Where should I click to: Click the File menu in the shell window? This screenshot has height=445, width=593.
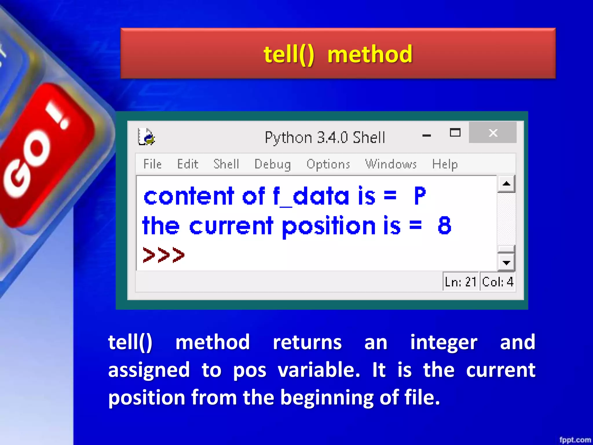[x=152, y=164]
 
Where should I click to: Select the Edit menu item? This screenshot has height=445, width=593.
[x=188, y=164]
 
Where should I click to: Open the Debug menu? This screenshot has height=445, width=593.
[x=272, y=164]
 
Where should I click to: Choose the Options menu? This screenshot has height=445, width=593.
[x=328, y=164]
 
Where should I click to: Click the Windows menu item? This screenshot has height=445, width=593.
[x=391, y=164]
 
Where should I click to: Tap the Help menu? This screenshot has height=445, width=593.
[x=445, y=164]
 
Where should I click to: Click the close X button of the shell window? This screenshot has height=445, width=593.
[x=493, y=133]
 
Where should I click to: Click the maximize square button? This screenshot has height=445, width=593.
[x=455, y=133]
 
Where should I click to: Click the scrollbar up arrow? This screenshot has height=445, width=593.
[x=506, y=184]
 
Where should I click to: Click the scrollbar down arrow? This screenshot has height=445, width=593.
[x=506, y=262]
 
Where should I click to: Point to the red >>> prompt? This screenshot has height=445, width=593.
[x=164, y=255]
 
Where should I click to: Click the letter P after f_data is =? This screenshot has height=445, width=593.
[x=420, y=196]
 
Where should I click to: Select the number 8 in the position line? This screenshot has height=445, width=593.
[x=444, y=225]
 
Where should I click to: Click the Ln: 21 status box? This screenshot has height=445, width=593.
[x=460, y=282]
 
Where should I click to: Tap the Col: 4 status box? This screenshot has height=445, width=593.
[x=497, y=282]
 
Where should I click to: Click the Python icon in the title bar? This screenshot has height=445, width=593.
[x=146, y=137]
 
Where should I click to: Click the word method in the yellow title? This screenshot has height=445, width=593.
[x=370, y=54]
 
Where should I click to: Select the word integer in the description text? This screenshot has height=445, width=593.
[x=444, y=342]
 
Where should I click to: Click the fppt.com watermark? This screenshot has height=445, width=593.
[x=575, y=440]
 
